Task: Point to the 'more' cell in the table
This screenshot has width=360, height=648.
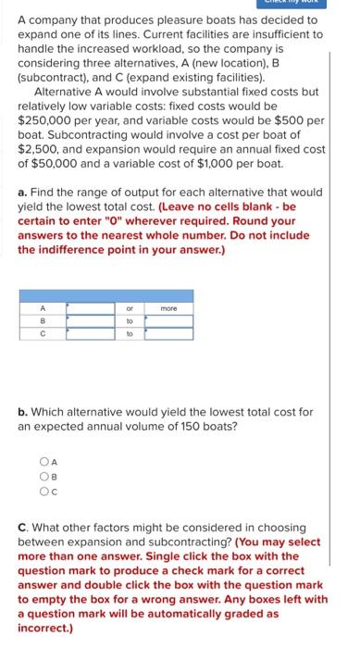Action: (x=168, y=308)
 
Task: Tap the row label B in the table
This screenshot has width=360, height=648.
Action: (x=43, y=321)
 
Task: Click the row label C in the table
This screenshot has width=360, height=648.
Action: (x=43, y=334)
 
